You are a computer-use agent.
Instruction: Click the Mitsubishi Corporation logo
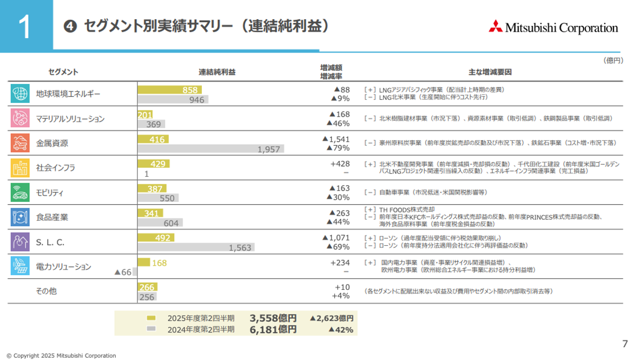pyautogui.click(x=553, y=27)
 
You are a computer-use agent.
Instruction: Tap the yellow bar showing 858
pyautogui.click(x=169, y=90)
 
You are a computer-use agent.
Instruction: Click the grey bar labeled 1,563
pyautogui.click(x=196, y=247)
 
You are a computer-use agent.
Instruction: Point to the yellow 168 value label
pyautogui.click(x=159, y=263)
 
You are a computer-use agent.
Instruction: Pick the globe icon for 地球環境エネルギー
pyautogui.click(x=20, y=93)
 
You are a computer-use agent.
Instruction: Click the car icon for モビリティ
pyautogui.click(x=20, y=192)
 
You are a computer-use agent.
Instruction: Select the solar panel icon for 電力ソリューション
pyautogui.click(x=20, y=266)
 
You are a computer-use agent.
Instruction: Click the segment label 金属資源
pyautogui.click(x=52, y=143)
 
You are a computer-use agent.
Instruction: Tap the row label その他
pyautogui.click(x=46, y=291)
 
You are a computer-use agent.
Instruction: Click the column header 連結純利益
pyautogui.click(x=217, y=72)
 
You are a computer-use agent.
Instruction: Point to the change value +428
pyautogui.click(x=340, y=164)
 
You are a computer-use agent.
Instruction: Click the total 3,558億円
pyautogui.click(x=273, y=318)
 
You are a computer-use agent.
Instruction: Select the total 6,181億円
pyautogui.click(x=273, y=329)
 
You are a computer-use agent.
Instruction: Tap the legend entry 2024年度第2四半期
pyautogui.click(x=201, y=329)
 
